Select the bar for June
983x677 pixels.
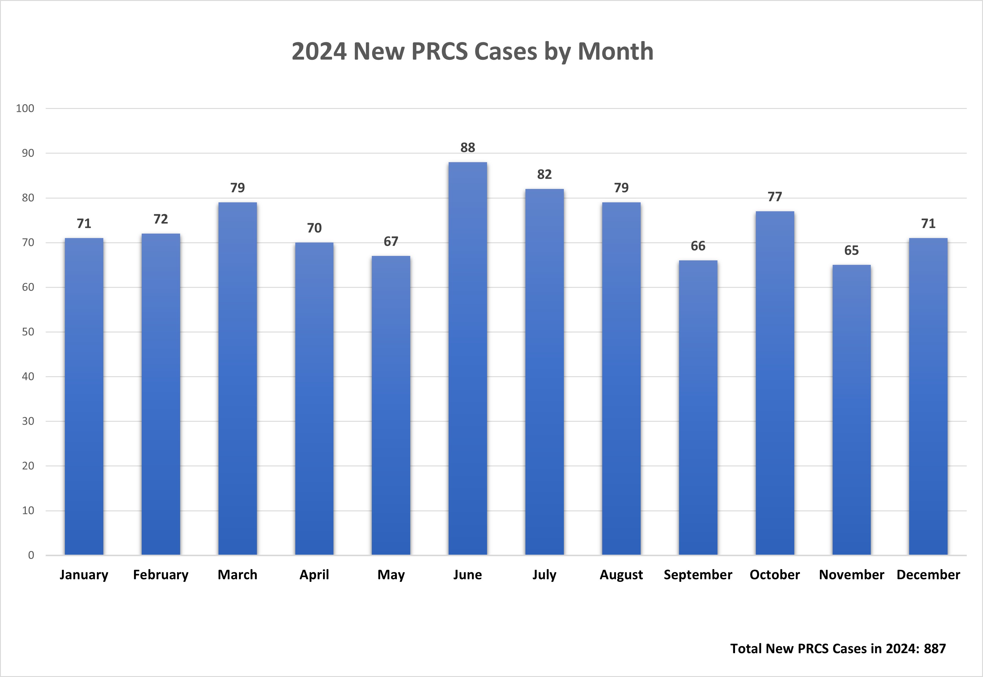pos(467,358)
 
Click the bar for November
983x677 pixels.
pos(851,410)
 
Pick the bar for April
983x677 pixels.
pos(314,399)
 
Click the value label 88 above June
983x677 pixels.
pos(467,148)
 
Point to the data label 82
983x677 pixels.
pos(544,174)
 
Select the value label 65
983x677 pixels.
pos(851,250)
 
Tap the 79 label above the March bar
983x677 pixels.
pos(238,188)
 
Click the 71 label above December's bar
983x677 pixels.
pos(928,223)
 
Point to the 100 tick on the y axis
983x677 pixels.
pos(25,109)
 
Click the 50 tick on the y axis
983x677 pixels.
pos(28,332)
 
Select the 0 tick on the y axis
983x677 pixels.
pos(31,555)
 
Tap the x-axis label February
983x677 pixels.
pos(161,575)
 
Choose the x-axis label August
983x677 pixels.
pos(621,575)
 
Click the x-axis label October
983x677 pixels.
pos(775,575)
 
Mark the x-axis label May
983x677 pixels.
pos(391,575)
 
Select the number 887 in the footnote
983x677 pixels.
pos(935,648)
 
